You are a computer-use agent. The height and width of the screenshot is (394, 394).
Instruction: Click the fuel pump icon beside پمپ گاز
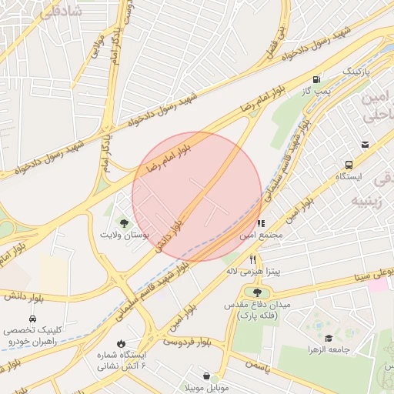click(316, 80)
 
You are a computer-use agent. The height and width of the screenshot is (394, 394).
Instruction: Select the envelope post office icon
click(364, 144)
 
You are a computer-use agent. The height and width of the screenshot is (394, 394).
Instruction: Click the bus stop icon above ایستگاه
click(349, 165)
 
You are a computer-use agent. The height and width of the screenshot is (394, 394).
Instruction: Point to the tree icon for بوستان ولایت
click(124, 222)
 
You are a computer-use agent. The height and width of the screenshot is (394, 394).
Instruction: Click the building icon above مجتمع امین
click(261, 222)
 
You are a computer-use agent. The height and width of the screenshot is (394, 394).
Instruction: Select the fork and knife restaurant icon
click(252, 260)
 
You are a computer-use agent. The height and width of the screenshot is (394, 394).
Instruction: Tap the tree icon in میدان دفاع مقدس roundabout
click(256, 292)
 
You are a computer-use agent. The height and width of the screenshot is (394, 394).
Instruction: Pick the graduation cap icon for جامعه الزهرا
click(329, 338)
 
